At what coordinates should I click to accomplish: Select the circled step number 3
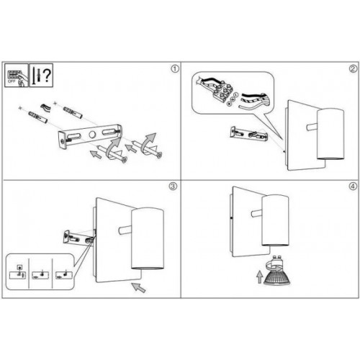(173, 186)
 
